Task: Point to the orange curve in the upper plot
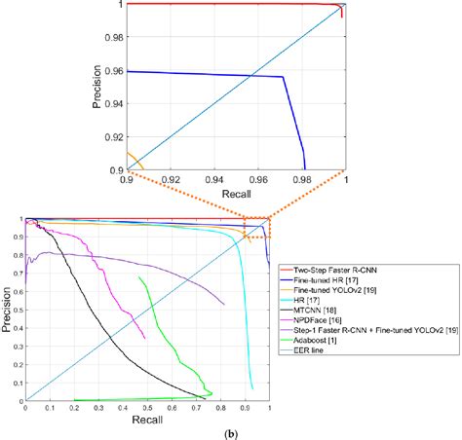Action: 134,160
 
